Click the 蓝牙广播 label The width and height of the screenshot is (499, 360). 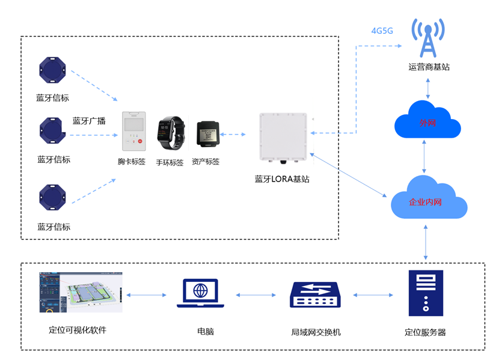coord(89,121)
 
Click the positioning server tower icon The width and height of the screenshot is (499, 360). coord(426,293)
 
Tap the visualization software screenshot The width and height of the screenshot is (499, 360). coord(80,292)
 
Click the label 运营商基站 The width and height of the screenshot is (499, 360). coord(429,67)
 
